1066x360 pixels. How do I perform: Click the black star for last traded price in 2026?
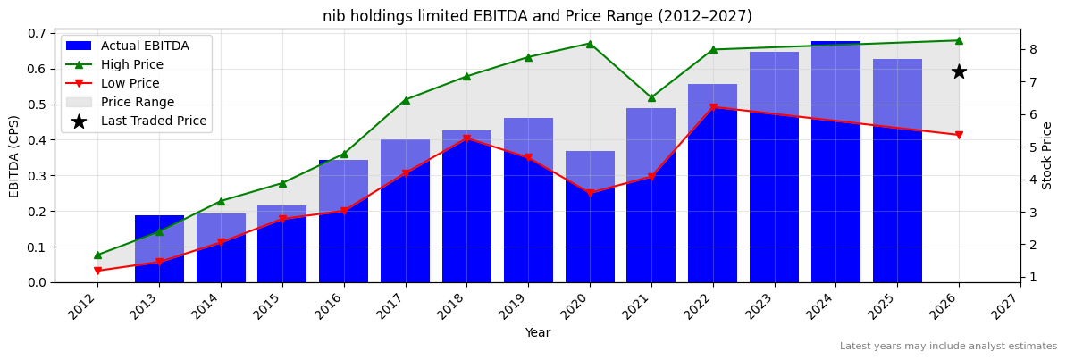point(959,71)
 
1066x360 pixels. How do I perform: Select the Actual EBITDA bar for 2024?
point(835,162)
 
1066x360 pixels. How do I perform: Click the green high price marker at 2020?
point(590,44)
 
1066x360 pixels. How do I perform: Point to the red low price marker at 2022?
point(713,107)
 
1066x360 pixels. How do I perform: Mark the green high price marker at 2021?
point(651,97)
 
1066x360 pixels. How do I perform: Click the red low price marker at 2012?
point(97,271)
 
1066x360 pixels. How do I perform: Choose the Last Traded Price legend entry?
point(153,121)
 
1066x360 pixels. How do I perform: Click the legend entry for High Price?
point(131,64)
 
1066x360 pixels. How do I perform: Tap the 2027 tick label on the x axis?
point(1009,307)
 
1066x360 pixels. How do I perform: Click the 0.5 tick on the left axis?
point(38,105)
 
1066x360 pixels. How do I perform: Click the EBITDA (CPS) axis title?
point(14,156)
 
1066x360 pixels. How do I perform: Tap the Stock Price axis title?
point(1047,155)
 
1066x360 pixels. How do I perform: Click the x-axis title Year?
point(537,332)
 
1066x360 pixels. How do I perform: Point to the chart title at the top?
point(537,16)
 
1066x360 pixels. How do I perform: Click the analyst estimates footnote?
point(948,347)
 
